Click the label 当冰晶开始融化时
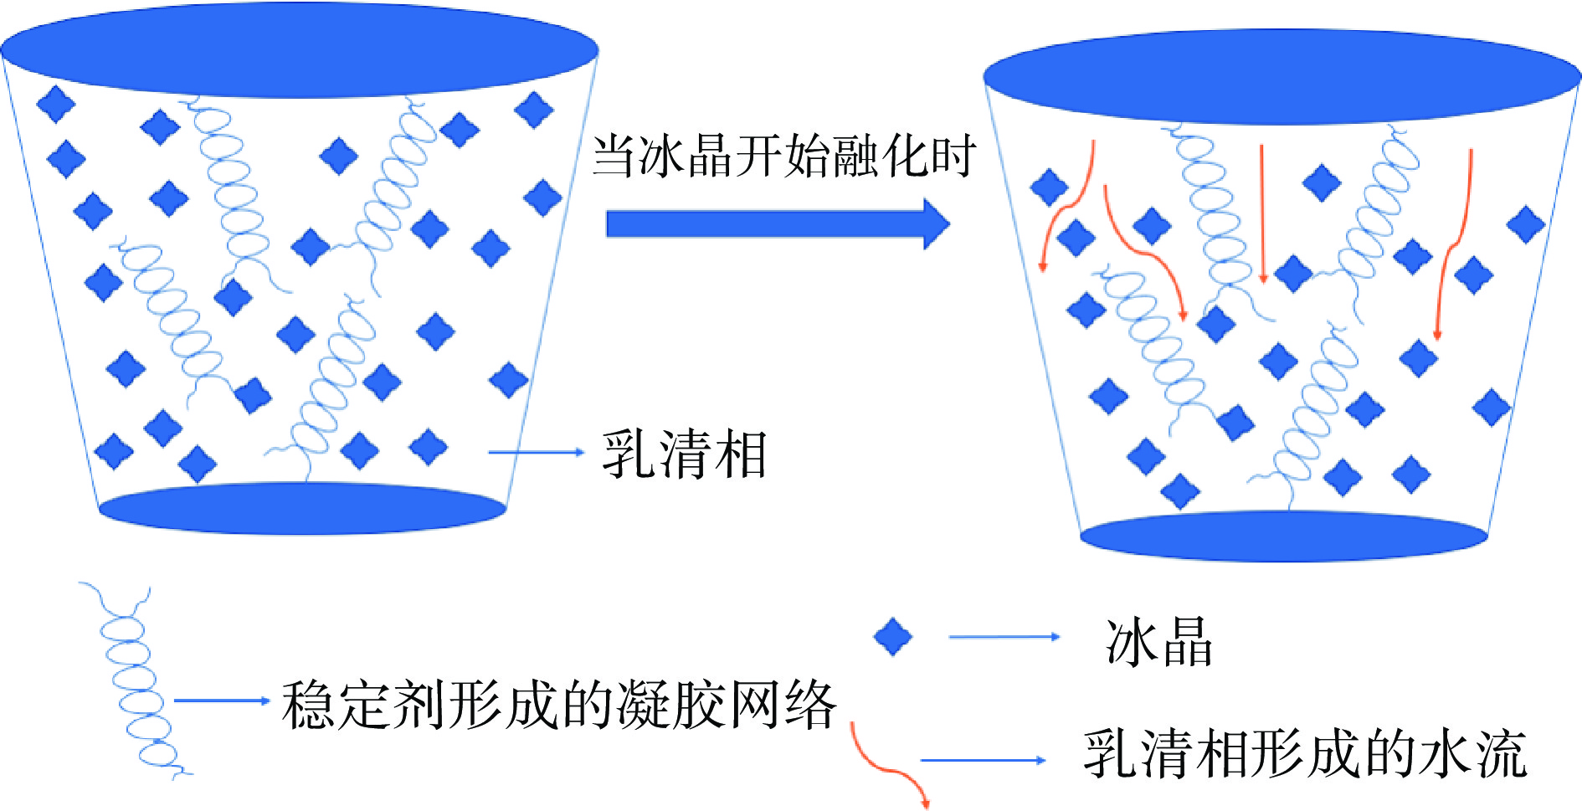pyautogui.click(x=784, y=157)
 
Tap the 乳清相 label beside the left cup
pyautogui.click(x=684, y=454)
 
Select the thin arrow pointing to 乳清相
pyautogui.click(x=536, y=452)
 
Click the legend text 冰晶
pyautogui.click(x=1158, y=642)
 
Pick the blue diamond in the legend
pyautogui.click(x=892, y=637)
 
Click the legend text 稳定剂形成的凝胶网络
pyautogui.click(x=558, y=705)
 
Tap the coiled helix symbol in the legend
pyautogui.click(x=134, y=682)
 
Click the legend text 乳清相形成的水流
pyautogui.click(x=1304, y=754)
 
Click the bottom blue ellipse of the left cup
pyautogui.click(x=302, y=508)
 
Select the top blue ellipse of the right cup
pyautogui.click(x=1282, y=77)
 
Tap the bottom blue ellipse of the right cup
pyautogui.click(x=1283, y=536)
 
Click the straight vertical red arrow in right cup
pyautogui.click(x=1262, y=213)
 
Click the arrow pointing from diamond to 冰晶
pyautogui.click(x=1004, y=637)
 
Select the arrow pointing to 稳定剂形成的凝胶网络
pyautogui.click(x=221, y=701)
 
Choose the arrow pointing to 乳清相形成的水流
pyautogui.click(x=983, y=760)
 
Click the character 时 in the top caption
pyautogui.click(x=953, y=157)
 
